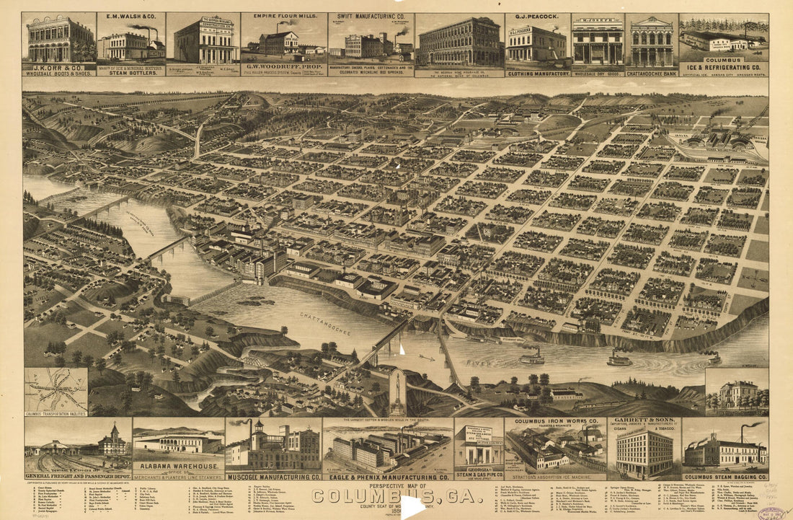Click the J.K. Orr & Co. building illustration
59,39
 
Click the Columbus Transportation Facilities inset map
56,391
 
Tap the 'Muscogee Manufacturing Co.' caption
273,477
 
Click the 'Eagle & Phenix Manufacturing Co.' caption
388,477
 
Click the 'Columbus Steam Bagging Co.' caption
725,477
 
